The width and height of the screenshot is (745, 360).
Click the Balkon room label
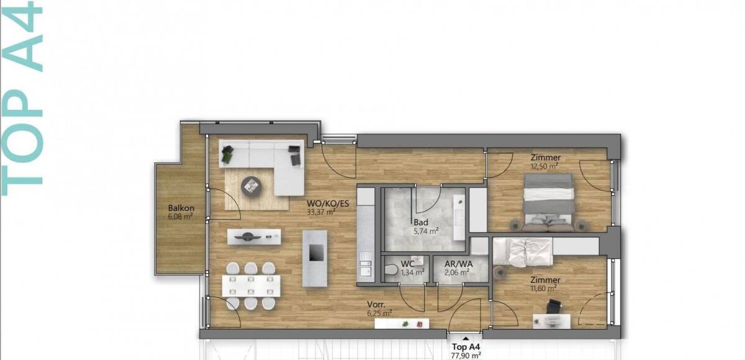click(181, 208)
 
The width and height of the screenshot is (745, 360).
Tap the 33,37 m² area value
click(321, 212)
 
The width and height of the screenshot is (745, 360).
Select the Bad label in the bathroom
click(421, 222)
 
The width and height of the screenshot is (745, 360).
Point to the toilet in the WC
click(391, 269)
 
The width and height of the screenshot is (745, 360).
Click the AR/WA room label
click(459, 264)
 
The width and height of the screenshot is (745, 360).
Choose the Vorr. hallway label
click(376, 304)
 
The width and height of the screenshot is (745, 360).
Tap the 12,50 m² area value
click(544, 166)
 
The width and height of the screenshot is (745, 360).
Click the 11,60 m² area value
click(543, 288)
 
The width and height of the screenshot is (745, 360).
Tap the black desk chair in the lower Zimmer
click(553, 305)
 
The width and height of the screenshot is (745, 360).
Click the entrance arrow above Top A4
click(466, 339)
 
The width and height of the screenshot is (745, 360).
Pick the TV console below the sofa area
click(254, 236)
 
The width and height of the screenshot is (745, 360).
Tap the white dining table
click(251, 286)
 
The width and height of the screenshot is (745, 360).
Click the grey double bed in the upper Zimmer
click(549, 202)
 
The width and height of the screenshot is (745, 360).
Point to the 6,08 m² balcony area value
click(181, 217)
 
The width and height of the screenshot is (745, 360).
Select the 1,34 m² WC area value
click(412, 272)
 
